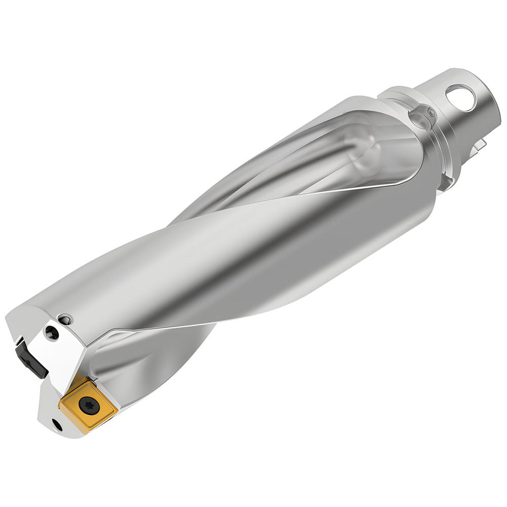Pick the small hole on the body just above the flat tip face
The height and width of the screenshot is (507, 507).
[x=64, y=319]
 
